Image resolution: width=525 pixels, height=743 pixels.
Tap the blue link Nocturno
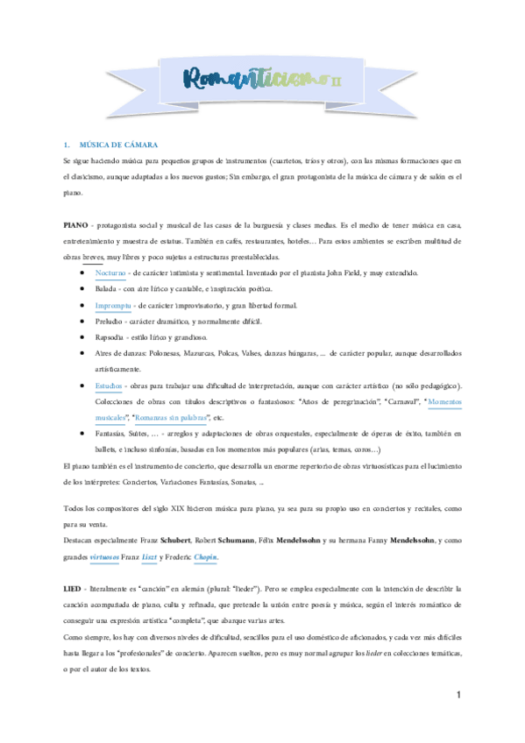pos(111,273)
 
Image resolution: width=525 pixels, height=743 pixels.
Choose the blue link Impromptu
pos(114,305)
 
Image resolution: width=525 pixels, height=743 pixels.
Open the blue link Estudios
pos(110,386)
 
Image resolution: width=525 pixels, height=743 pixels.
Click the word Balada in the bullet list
pos(107,289)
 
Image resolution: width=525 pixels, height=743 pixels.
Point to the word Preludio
pos(110,321)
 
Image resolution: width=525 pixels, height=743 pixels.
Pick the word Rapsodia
pos(110,336)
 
